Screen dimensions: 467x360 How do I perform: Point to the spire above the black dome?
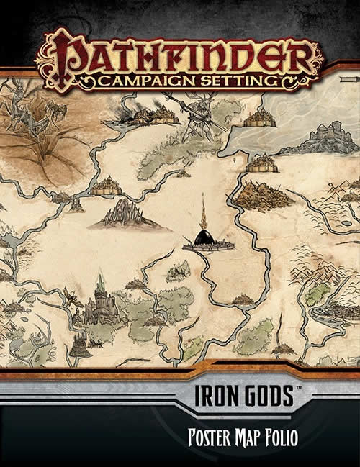click(204, 212)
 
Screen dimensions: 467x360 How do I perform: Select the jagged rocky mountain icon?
click(125, 214)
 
